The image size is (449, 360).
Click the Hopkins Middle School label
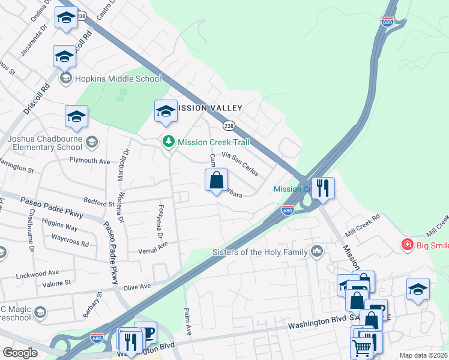118,79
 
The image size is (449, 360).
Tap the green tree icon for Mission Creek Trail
169,142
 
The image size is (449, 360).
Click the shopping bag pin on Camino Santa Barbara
216,179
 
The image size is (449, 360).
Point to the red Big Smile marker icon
407,245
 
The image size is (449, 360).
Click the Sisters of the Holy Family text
260,252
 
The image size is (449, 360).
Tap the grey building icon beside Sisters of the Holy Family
316,251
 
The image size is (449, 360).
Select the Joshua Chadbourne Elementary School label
44,142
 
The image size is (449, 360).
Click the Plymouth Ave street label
89,161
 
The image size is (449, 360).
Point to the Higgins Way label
59,228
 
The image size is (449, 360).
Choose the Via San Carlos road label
240,163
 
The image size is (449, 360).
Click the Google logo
20,353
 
